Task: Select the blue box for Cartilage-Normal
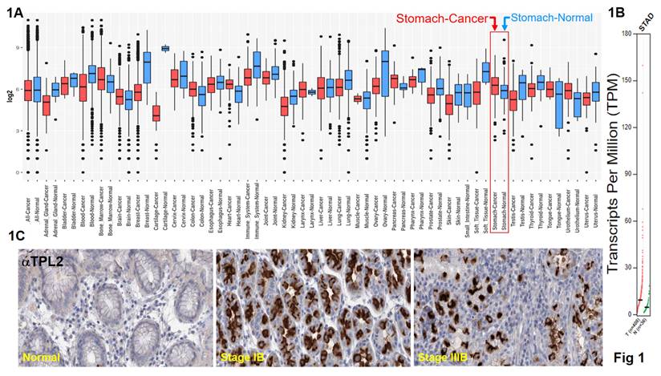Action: point(166,48)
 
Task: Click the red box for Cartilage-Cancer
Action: point(156,113)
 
